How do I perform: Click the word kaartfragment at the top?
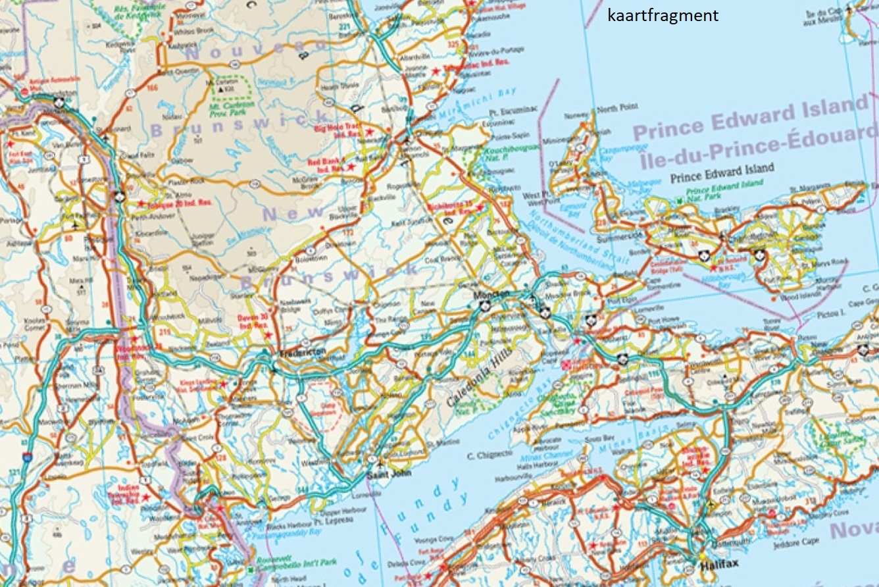(663, 16)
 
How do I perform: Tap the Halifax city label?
(715, 564)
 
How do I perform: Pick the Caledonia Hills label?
(472, 385)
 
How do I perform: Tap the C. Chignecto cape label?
(489, 455)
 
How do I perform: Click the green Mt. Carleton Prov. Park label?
(231, 107)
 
